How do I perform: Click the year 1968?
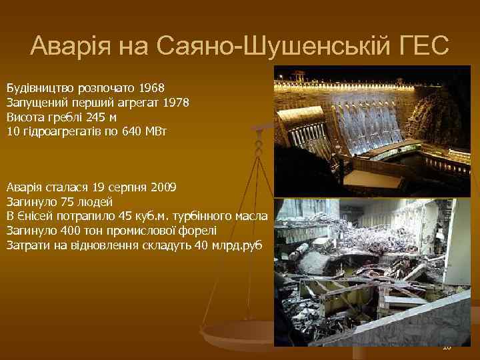coord(160,88)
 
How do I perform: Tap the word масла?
coord(253,216)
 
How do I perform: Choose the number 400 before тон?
coord(62,231)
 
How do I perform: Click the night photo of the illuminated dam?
coord(373,131)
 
